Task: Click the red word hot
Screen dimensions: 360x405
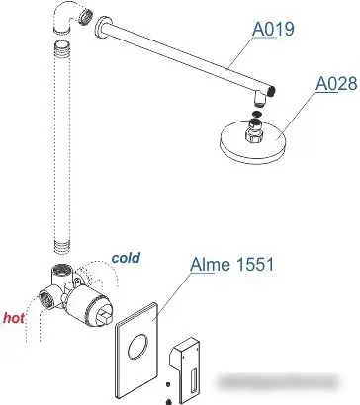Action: coord(15,318)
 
